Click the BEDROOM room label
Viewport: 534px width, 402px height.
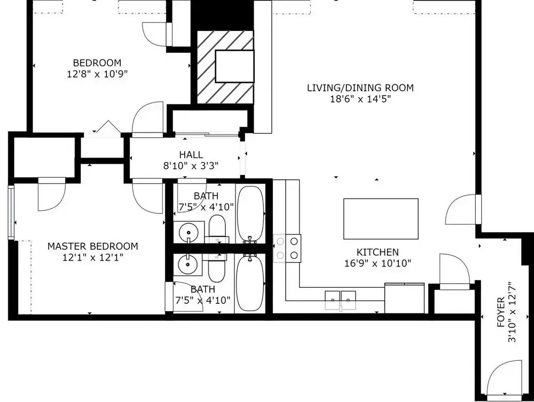(x=97, y=63)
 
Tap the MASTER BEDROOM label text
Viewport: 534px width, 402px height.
(x=92, y=246)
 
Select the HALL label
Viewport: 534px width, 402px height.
(x=191, y=155)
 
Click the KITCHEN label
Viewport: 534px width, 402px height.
(x=378, y=252)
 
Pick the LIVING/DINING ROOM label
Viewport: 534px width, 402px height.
(x=360, y=88)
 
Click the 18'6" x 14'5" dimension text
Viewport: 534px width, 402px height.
(x=360, y=99)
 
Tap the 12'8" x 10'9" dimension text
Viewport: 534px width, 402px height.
(x=97, y=74)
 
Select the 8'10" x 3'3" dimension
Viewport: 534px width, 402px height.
(x=191, y=166)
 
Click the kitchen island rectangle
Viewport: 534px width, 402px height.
(x=381, y=219)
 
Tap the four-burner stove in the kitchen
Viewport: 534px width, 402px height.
(x=287, y=248)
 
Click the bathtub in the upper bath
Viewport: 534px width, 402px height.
(x=250, y=215)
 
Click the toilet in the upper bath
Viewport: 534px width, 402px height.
(x=217, y=228)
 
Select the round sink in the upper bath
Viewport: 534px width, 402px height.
(x=189, y=232)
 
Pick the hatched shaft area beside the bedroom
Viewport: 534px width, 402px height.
(x=225, y=67)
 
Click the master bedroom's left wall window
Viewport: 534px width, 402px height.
(x=11, y=212)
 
